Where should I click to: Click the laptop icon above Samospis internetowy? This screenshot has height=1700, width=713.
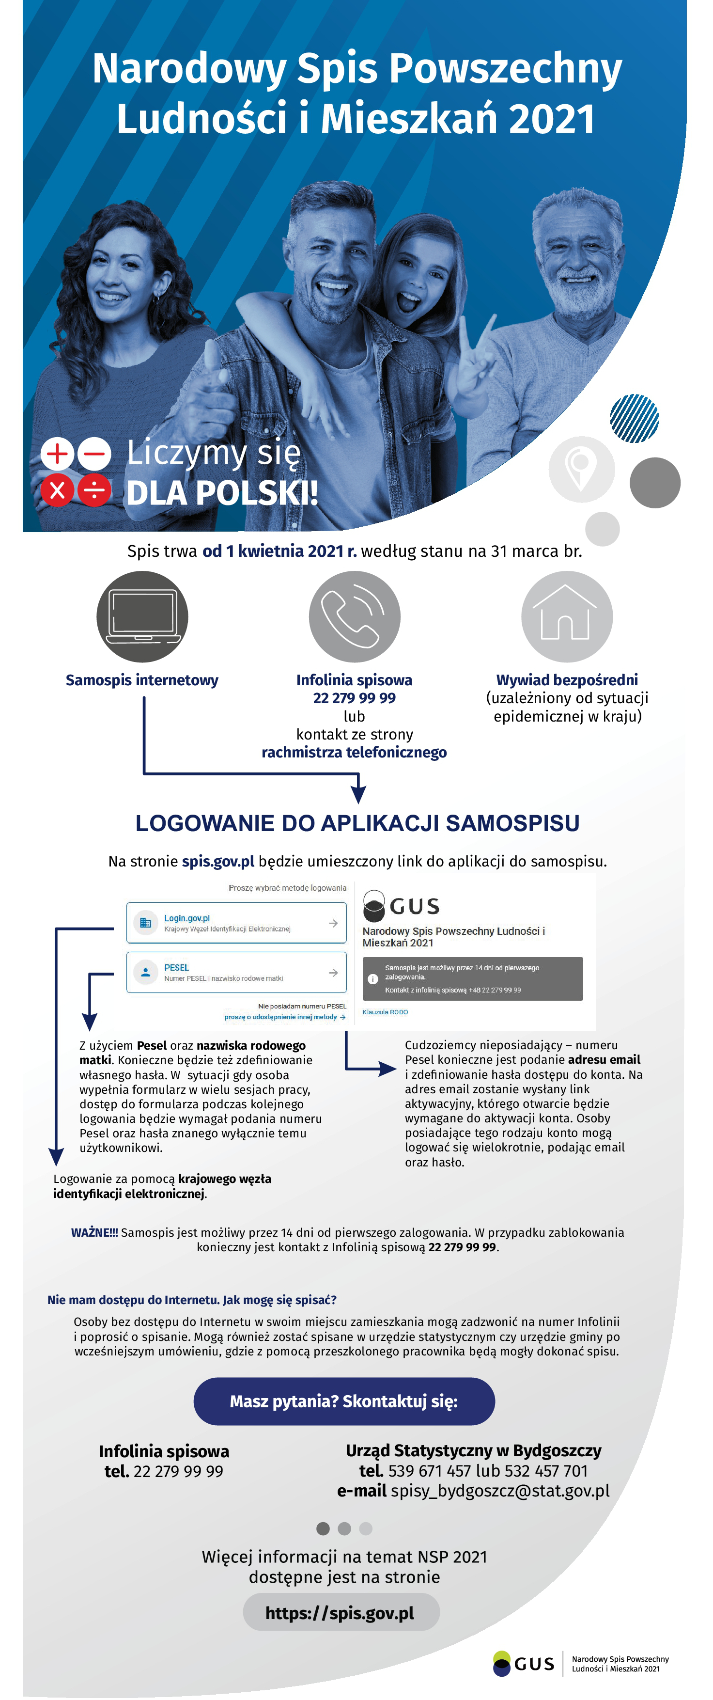142,616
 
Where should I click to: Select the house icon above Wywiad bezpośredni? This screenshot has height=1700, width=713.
567,616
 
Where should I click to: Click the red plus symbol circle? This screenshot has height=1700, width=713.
57,454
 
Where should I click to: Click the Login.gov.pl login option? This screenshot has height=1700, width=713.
236,923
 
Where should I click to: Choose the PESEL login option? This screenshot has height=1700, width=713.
236,972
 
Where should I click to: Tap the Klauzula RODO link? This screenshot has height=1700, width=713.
385,1012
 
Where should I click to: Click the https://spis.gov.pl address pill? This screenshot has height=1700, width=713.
341,1612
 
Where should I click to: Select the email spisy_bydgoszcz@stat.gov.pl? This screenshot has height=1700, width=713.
500,1491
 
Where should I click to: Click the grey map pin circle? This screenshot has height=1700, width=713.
581,469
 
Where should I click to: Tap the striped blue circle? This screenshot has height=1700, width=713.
635,418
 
